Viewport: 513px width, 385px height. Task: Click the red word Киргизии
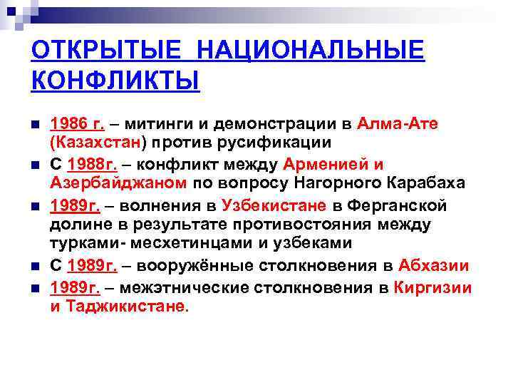(430, 288)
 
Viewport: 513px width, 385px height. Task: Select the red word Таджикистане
(126, 306)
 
